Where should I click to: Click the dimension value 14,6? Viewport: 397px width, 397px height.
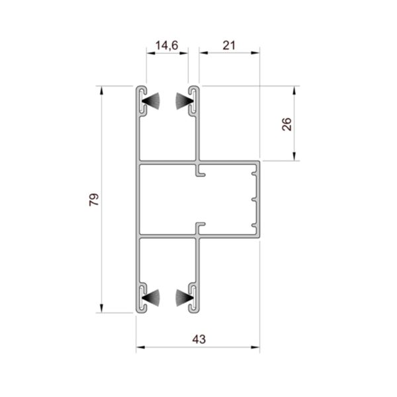167,46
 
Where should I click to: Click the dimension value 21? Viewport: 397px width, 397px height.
229,46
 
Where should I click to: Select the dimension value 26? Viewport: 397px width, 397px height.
287,124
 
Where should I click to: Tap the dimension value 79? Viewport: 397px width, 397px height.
94,200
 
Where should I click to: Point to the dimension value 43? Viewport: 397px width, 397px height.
199,339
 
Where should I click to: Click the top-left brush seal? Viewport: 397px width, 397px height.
151,101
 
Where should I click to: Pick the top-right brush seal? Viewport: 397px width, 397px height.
185,101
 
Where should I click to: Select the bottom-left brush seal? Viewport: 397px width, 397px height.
151,298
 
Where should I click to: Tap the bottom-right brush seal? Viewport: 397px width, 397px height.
185,298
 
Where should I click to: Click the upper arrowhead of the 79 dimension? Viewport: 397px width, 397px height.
101,91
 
